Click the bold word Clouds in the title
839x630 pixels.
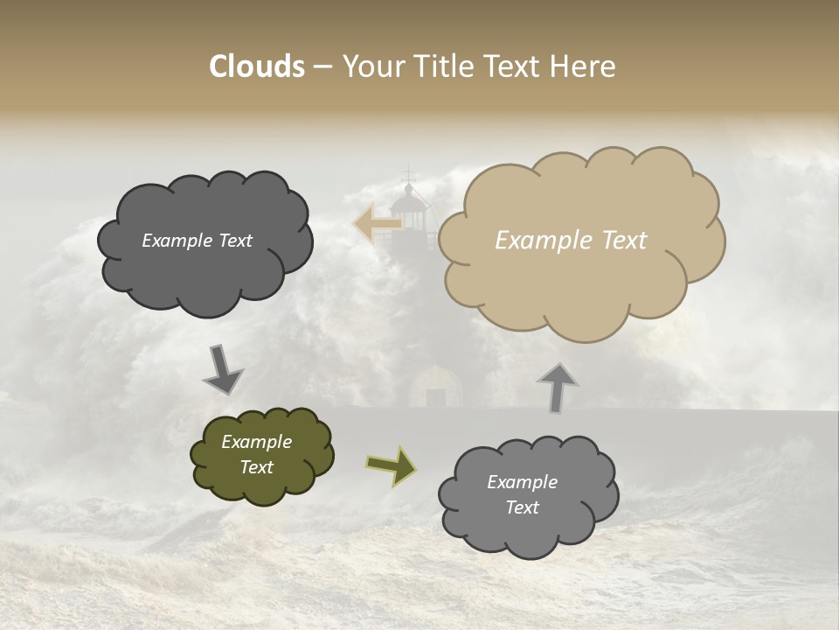[x=256, y=66]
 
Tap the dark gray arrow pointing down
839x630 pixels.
[x=224, y=368]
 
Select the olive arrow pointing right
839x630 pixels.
[x=391, y=465]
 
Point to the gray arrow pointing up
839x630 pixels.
[x=557, y=388]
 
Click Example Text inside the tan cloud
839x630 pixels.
[x=571, y=241]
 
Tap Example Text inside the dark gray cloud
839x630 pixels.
[x=197, y=241]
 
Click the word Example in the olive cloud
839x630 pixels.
[x=256, y=442]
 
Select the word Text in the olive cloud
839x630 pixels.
[x=256, y=467]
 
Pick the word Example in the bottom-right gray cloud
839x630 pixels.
[x=522, y=482]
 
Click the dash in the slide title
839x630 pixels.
[x=322, y=67]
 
